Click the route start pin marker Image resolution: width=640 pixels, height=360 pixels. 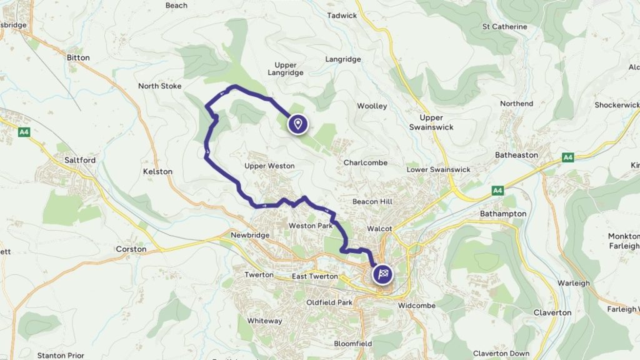point(298,124)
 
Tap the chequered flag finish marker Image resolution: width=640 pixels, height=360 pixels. point(383,273)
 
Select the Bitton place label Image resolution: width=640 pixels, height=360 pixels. point(78,57)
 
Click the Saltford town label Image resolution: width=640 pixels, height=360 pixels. point(80,160)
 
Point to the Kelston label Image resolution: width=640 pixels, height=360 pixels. point(157,171)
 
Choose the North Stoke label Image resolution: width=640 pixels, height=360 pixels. point(159,86)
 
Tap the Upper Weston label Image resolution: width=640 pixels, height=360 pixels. point(269,166)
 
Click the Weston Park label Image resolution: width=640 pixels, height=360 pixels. point(311,226)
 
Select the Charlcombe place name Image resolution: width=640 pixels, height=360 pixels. point(366,162)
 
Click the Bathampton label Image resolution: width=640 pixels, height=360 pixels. point(503,214)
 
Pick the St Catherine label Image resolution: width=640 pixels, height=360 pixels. point(505,27)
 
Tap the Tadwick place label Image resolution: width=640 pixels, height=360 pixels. point(342,15)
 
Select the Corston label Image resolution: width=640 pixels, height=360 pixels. point(131,249)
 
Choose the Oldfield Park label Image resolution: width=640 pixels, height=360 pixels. point(329,302)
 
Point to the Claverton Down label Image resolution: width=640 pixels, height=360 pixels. point(502,354)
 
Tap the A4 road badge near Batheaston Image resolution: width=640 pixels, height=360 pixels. point(567,157)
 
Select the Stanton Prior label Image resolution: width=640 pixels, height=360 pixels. point(61,356)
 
